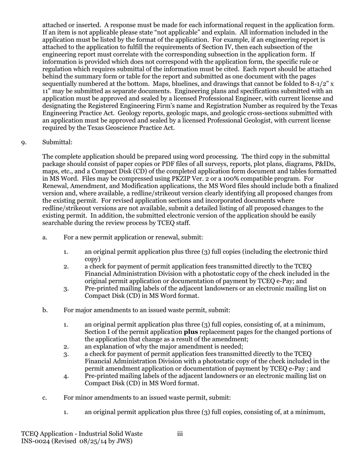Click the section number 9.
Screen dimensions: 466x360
click(x=23, y=142)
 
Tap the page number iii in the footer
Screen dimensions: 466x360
click(x=180, y=434)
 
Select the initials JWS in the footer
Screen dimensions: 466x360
click(x=124, y=441)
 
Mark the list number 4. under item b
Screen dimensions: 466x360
click(x=66, y=376)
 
